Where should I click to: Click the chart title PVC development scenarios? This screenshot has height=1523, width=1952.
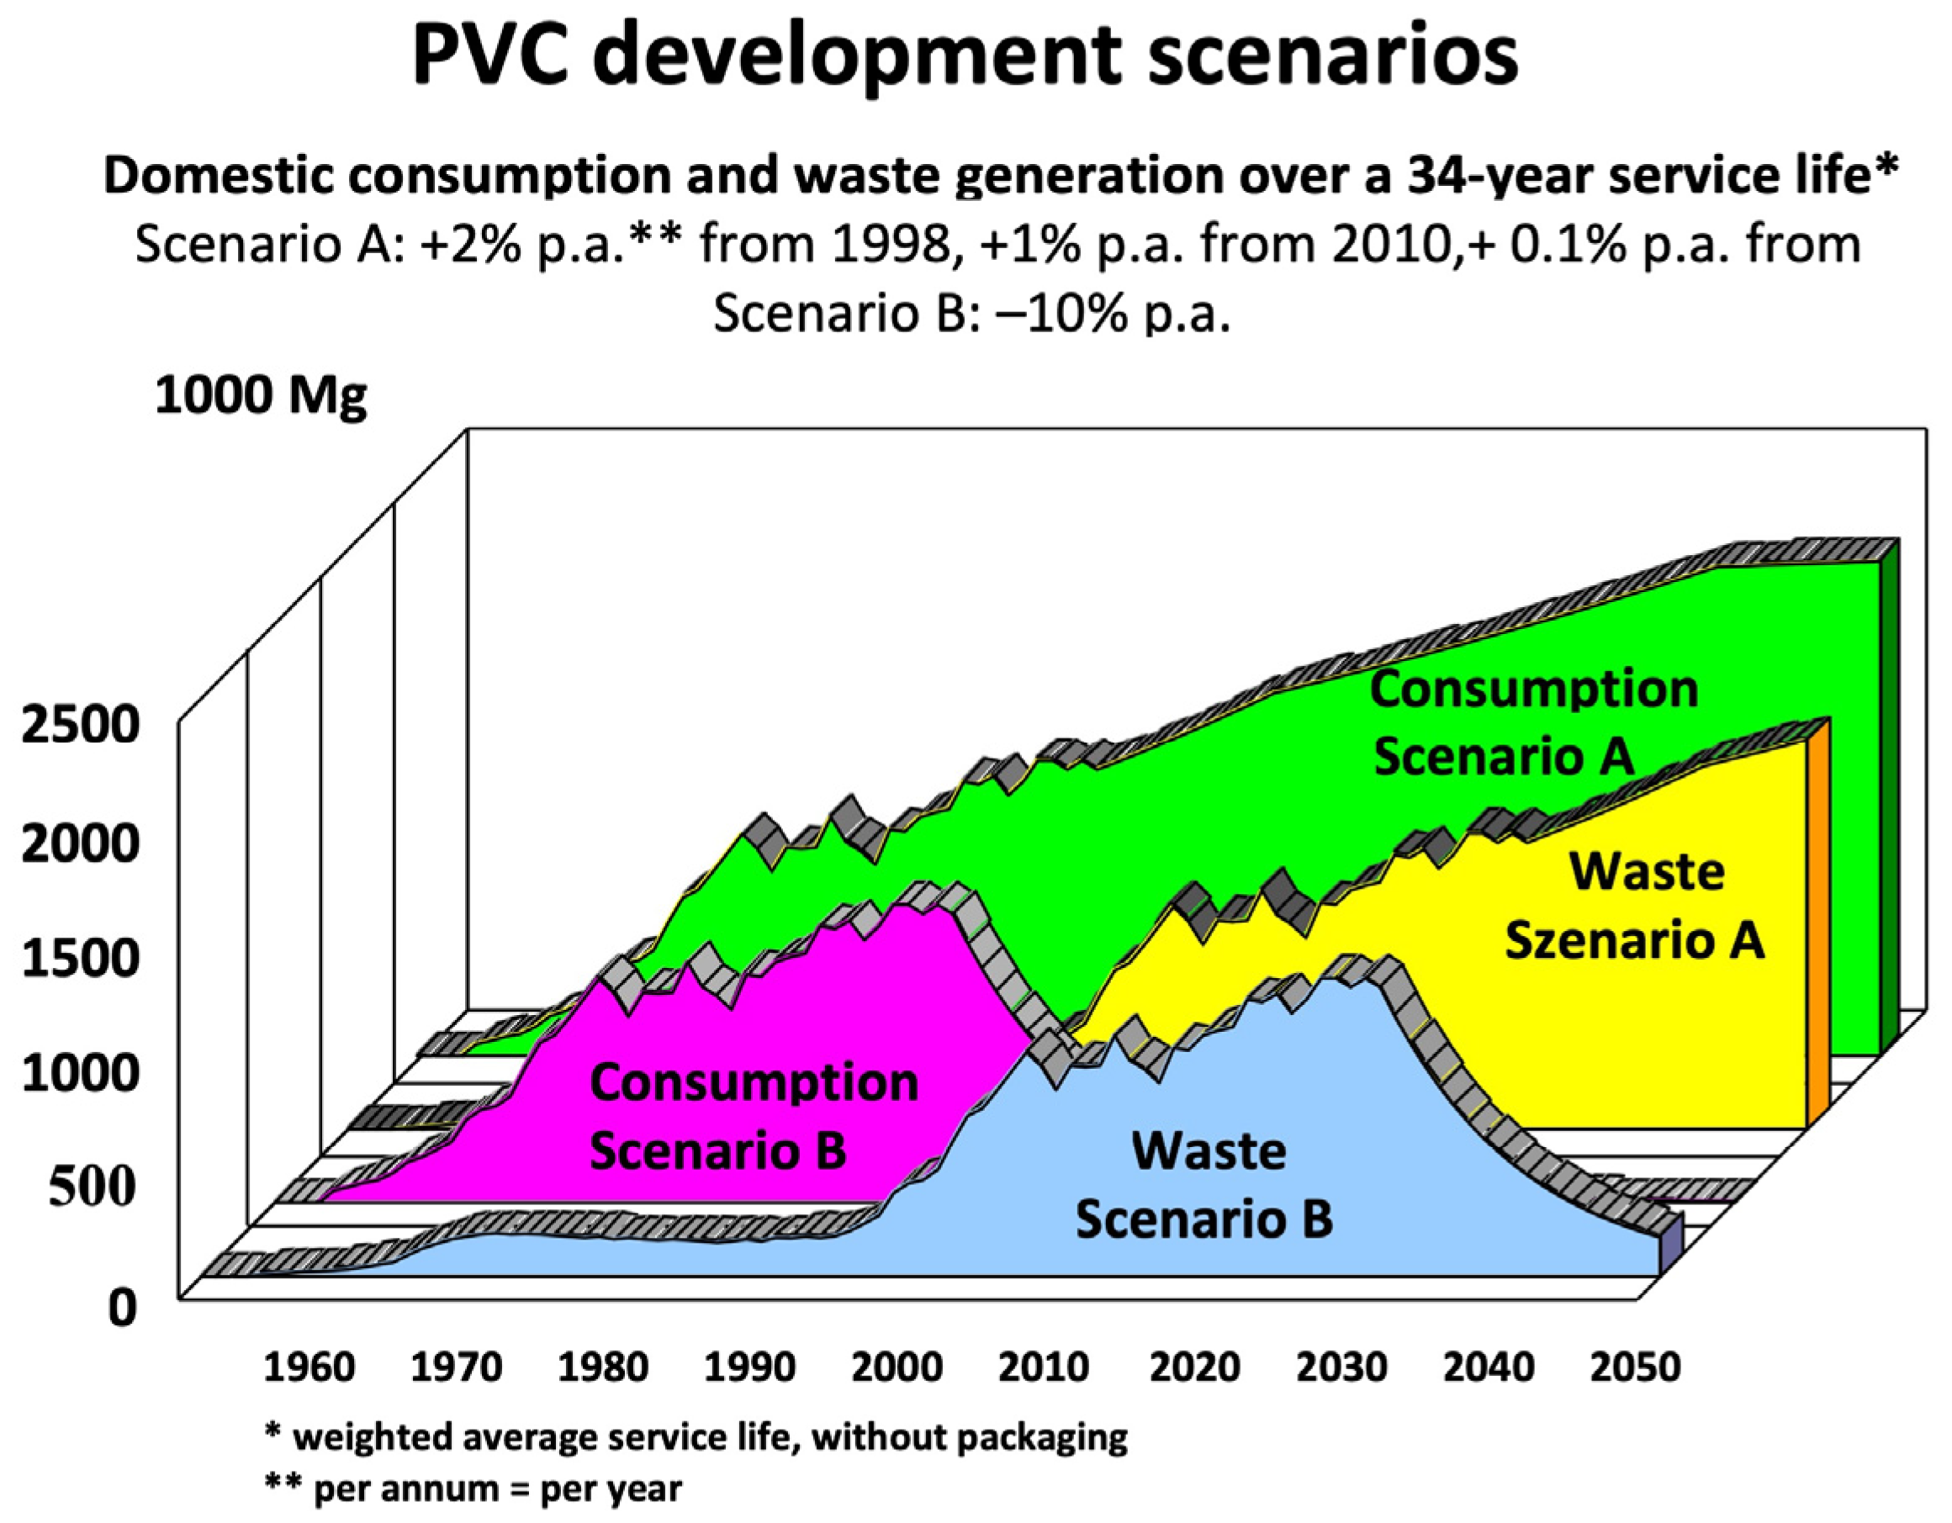(x=965, y=56)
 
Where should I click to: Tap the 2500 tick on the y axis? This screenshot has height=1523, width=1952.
(x=81, y=725)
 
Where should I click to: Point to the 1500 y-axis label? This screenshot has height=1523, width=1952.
(x=81, y=957)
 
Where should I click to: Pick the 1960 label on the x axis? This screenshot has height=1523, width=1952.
(x=309, y=1368)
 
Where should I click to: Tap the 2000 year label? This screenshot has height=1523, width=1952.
(x=897, y=1368)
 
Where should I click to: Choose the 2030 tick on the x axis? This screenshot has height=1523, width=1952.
(x=1341, y=1368)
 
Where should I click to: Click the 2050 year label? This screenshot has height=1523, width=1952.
(x=1636, y=1368)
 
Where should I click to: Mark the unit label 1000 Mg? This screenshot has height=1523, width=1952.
(x=261, y=395)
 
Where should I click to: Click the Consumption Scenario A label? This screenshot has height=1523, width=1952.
(x=1533, y=722)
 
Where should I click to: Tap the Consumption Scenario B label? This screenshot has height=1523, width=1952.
(x=753, y=1116)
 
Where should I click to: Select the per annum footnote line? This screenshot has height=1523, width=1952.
(x=473, y=1489)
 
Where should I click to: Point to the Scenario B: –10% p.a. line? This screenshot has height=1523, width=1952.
(x=971, y=313)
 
